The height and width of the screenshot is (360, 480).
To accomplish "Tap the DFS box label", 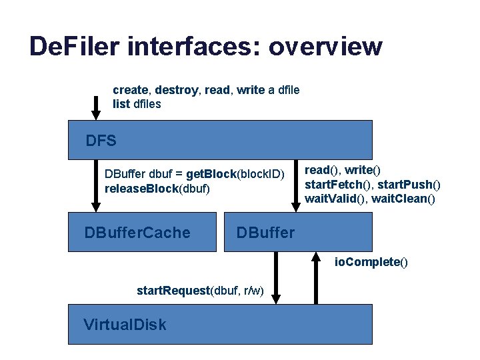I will [x=101, y=141].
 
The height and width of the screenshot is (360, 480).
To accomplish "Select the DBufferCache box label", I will [x=137, y=233].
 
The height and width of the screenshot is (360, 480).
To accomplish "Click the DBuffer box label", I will [x=265, y=233].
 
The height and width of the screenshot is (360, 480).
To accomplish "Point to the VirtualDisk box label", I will [x=125, y=325].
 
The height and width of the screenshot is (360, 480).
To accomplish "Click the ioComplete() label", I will [x=371, y=262].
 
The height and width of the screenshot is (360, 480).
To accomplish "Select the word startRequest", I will [x=173, y=291].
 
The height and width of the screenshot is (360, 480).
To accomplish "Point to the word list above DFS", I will [x=121, y=104].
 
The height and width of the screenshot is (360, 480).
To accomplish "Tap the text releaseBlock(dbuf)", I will [x=157, y=189].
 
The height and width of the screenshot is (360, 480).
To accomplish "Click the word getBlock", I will [x=212, y=174].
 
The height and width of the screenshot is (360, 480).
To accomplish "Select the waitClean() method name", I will [x=403, y=198].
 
